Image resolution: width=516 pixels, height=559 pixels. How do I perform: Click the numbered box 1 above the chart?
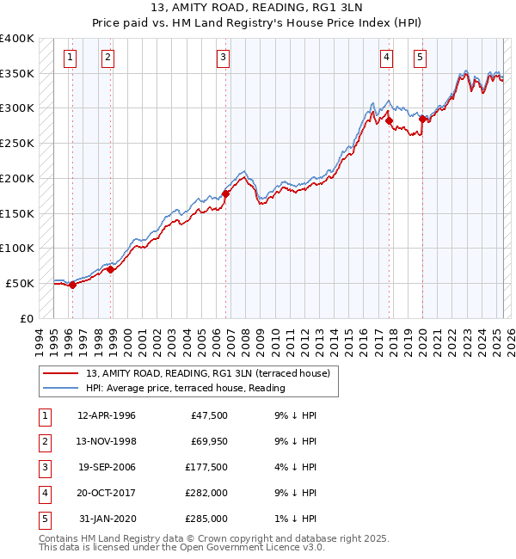point(69,58)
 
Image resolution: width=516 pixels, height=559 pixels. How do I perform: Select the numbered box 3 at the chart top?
point(223,58)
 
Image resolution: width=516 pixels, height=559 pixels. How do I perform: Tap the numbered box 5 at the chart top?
point(420,58)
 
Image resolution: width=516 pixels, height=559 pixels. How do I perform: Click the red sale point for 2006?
point(226,194)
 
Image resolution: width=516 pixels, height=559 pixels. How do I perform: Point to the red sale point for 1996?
point(72,286)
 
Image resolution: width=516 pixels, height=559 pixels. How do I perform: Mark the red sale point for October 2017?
point(390,121)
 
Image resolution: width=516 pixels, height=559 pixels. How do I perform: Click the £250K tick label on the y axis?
point(17,144)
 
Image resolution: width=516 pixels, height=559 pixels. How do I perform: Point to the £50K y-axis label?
point(21,283)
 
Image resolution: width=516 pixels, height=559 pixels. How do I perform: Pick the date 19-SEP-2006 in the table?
point(107,467)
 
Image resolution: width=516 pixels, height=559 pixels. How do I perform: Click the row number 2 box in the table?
point(43,441)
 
